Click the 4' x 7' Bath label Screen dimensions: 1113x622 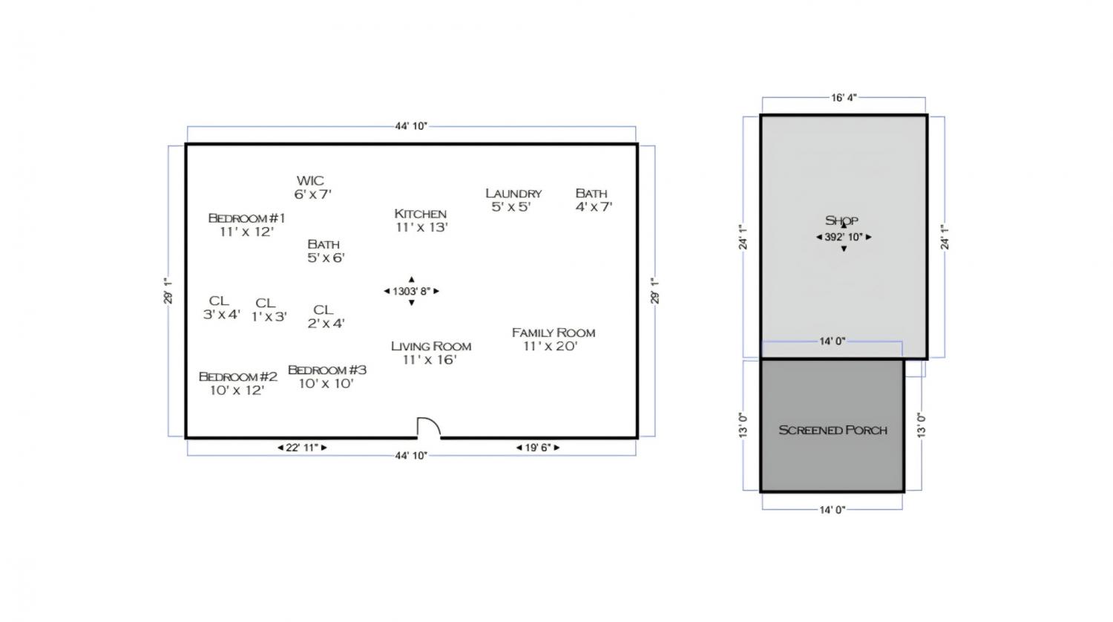pyautogui.click(x=594, y=200)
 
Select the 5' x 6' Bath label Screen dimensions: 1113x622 pyautogui.click(x=326, y=251)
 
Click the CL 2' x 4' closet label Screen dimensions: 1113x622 pyautogui.click(x=326, y=317)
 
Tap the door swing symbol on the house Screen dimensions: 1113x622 pyautogui.click(x=428, y=428)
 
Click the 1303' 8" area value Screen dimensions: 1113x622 pyautogui.click(x=411, y=292)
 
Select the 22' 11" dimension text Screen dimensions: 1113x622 pyautogui.click(x=302, y=448)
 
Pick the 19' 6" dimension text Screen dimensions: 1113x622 pyautogui.click(x=538, y=448)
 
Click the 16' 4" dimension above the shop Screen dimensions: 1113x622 pyautogui.click(x=844, y=97)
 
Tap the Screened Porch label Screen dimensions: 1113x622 pyautogui.click(x=833, y=430)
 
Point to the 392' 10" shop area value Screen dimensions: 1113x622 pyautogui.click(x=844, y=238)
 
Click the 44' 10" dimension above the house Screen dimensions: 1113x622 pyautogui.click(x=411, y=126)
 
